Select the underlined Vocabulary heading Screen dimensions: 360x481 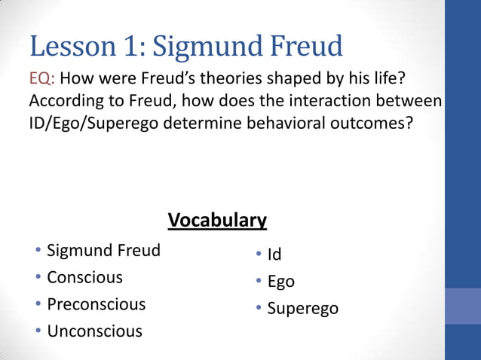pyautogui.click(x=217, y=220)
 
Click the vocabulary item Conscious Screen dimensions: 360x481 pyautogui.click(x=84, y=277)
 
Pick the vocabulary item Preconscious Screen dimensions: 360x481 pyautogui.click(x=96, y=304)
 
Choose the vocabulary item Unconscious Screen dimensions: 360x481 pyautogui.click(x=94, y=331)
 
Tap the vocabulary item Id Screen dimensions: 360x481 pyautogui.click(x=274, y=255)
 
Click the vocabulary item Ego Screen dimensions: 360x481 pyautogui.click(x=280, y=282)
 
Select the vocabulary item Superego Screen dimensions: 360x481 pyautogui.click(x=302, y=309)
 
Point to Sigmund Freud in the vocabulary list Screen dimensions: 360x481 pyautogui.click(x=103, y=250)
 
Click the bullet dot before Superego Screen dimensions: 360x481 pyautogui.click(x=258, y=308)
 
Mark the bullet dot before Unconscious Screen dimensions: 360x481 pyautogui.click(x=38, y=331)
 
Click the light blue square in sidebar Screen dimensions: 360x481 pyautogui.click(x=463, y=306)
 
